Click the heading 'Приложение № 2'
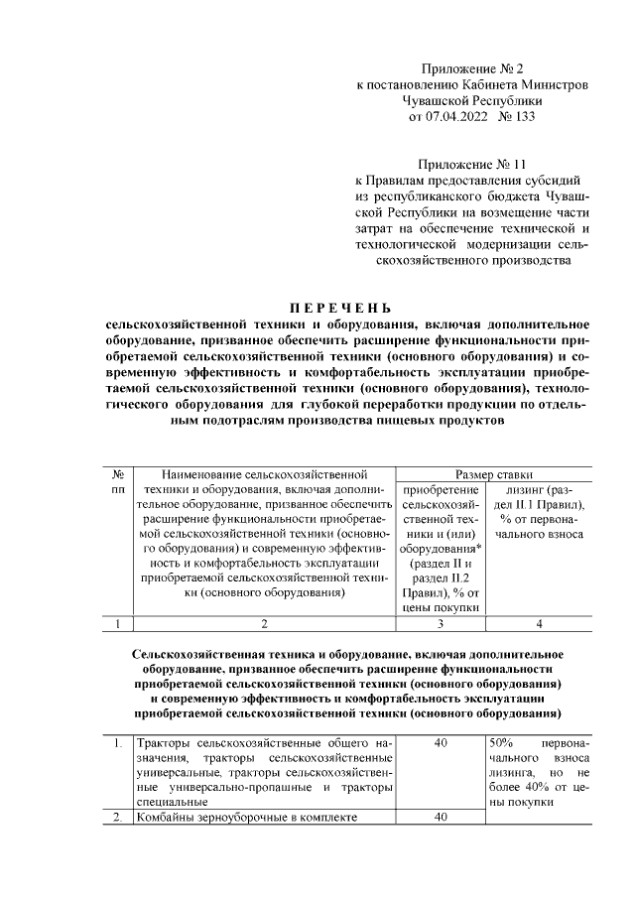tap(471, 68)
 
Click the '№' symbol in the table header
tap(118, 475)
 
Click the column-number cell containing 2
tap(264, 624)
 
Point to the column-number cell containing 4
tap(539, 624)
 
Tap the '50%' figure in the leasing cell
tap(502, 742)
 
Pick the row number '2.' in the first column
tap(117, 818)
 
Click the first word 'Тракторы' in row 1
tap(164, 742)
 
